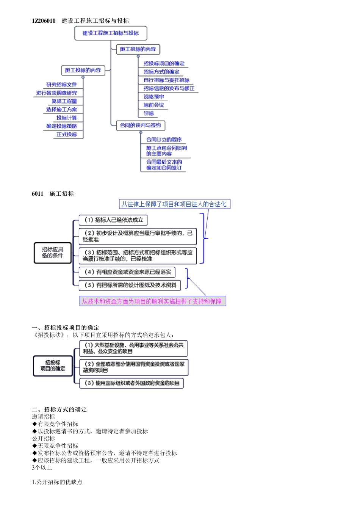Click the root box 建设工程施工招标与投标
(111, 33)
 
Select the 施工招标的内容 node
(138, 49)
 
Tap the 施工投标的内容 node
(83, 71)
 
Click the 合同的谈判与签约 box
(140, 126)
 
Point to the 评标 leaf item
(149, 113)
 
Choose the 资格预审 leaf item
(153, 97)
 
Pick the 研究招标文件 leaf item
(61, 85)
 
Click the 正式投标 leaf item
(67, 135)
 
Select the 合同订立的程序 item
(164, 140)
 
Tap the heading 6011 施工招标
(53, 194)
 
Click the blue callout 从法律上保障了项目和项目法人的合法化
(174, 204)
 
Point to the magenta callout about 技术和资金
(152, 301)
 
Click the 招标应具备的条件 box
(53, 253)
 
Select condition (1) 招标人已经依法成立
(113, 220)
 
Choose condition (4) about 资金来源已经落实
(127, 272)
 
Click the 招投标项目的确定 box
(53, 366)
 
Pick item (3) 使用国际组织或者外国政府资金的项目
(131, 383)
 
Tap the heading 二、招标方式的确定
(59, 410)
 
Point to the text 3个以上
(42, 468)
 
